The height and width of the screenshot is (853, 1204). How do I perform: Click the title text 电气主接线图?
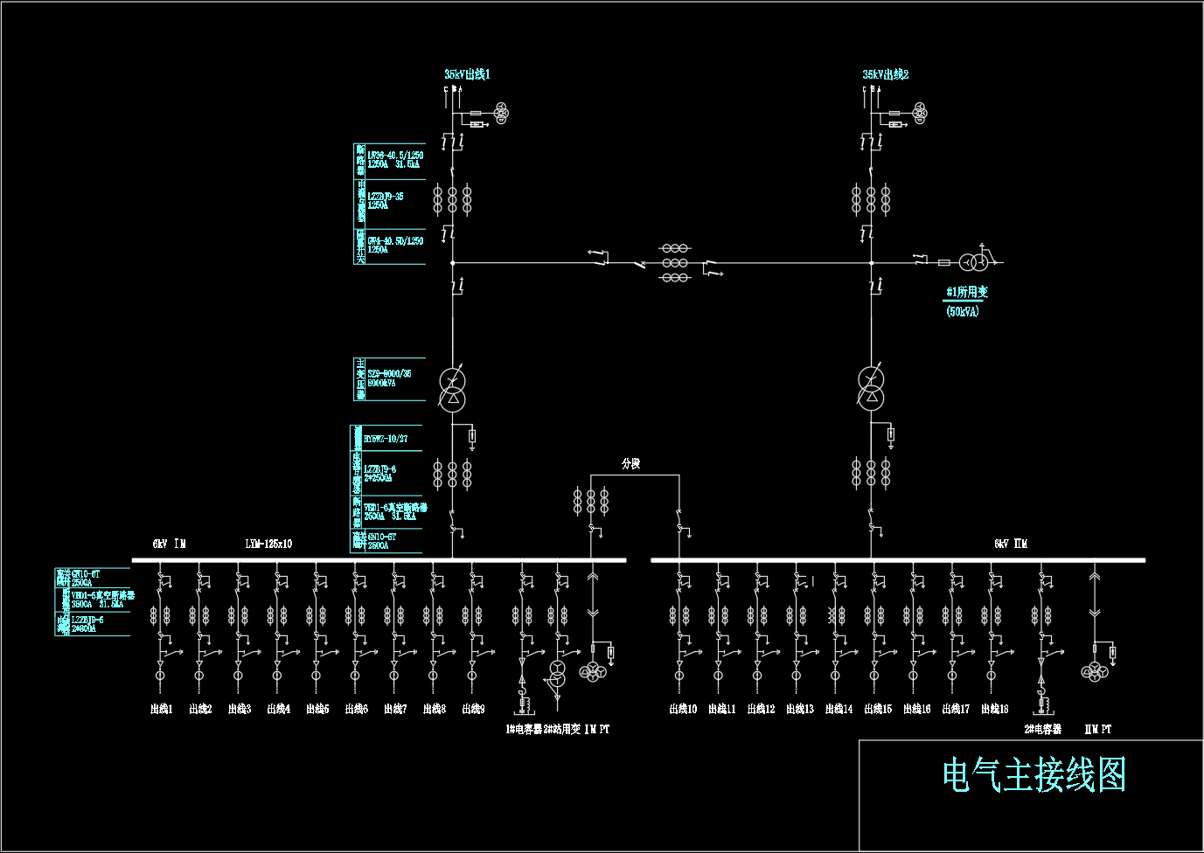pos(1033,775)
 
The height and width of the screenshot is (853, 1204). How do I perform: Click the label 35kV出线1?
pos(467,75)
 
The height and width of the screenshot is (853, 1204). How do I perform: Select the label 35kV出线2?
pos(886,75)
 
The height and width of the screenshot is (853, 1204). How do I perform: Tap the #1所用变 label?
pos(967,292)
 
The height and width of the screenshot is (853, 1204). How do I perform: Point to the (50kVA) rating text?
pos(963,311)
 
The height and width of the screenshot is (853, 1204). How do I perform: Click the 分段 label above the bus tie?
pos(630,463)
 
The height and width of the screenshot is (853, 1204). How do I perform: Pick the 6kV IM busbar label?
pos(169,544)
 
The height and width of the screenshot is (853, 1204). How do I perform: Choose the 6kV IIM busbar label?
pos(1011,544)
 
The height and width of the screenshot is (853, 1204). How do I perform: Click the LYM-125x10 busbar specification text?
pos(268,544)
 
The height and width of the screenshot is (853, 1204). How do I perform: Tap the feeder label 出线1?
pos(162,709)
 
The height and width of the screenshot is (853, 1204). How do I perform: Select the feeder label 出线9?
pos(473,709)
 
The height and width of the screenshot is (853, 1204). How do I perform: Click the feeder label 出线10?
pos(683,709)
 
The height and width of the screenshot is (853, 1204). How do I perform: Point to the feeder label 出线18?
pos(994,709)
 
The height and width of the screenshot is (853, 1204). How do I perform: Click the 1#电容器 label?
pos(524,729)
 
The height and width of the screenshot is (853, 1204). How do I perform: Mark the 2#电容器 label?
pos(1042,729)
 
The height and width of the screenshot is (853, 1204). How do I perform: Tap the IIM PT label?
pos(1097,729)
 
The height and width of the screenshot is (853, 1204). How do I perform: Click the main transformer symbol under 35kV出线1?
pos(452,390)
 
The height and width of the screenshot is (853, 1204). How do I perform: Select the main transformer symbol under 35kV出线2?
pos(871,389)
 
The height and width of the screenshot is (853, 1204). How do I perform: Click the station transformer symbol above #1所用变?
pos(973,261)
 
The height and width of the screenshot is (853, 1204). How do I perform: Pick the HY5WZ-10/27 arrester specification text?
pos(386,439)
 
